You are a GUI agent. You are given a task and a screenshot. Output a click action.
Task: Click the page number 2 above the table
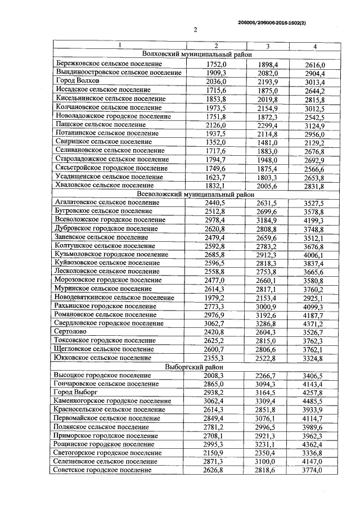tap(195, 31)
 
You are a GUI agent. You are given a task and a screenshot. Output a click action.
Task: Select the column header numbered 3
tap(267, 46)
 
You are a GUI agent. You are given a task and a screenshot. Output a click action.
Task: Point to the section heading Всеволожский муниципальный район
tap(192, 193)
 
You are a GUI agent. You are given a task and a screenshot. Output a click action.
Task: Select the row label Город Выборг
tap(78, 392)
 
